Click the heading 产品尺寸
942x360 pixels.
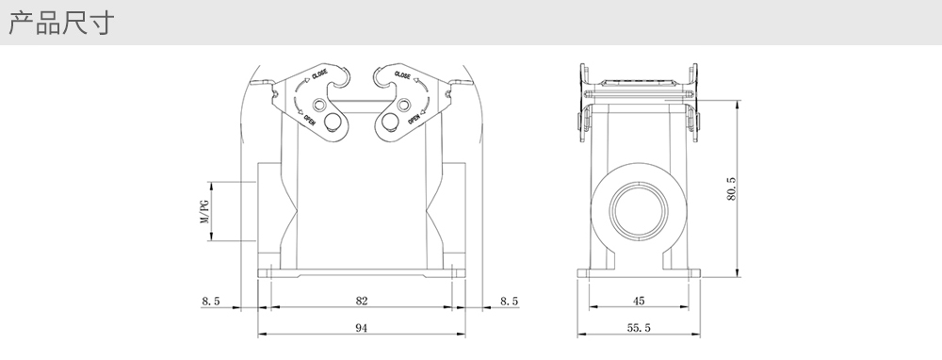coord(60,23)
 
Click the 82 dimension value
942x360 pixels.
coord(361,301)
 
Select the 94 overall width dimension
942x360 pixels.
coord(361,328)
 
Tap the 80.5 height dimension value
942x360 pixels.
coord(731,188)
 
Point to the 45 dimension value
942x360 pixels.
coord(639,301)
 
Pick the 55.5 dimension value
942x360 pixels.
coord(639,328)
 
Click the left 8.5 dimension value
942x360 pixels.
coord(211,302)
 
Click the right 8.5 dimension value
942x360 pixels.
coord(509,302)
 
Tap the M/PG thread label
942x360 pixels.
coord(204,211)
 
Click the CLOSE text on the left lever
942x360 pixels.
coord(319,75)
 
